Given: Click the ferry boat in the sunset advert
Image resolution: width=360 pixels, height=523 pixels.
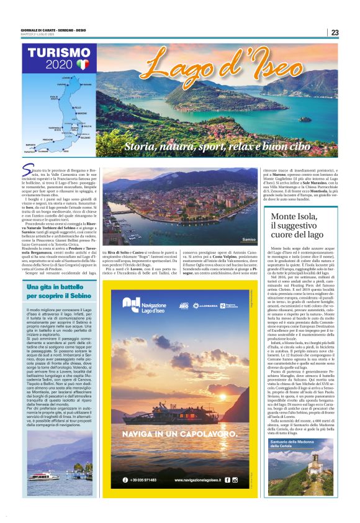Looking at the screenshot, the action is [x=180, y=409].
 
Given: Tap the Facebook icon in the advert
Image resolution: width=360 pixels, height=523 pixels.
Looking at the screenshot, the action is [x=227, y=480].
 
